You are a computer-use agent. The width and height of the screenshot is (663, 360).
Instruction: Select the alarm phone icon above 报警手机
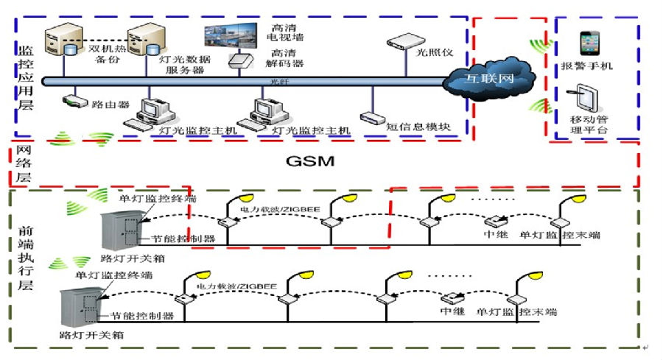[x=589, y=43]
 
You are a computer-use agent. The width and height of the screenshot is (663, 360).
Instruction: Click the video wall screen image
[x=233, y=35]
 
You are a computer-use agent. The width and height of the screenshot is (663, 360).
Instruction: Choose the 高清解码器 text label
[x=287, y=58]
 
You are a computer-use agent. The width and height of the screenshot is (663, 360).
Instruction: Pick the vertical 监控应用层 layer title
[x=26, y=77]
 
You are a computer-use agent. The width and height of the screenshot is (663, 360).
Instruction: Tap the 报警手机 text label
[x=592, y=67]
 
